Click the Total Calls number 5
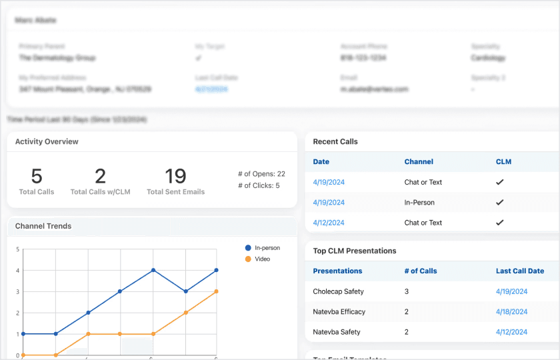click(37, 176)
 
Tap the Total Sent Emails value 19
click(175, 176)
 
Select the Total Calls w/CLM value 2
click(100, 176)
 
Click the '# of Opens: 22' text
click(261, 174)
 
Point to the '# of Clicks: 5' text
click(259, 186)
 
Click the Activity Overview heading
click(47, 141)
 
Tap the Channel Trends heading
click(43, 226)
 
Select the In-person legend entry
click(267, 248)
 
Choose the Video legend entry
click(262, 259)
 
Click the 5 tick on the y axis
click(17, 249)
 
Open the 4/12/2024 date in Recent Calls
click(329, 223)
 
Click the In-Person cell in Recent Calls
click(419, 203)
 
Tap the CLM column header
click(503, 161)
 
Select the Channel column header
click(419, 161)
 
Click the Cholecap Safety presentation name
click(338, 291)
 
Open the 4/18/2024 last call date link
click(511, 311)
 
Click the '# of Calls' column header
click(421, 271)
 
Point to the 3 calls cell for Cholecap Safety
click(407, 291)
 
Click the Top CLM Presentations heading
click(355, 251)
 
